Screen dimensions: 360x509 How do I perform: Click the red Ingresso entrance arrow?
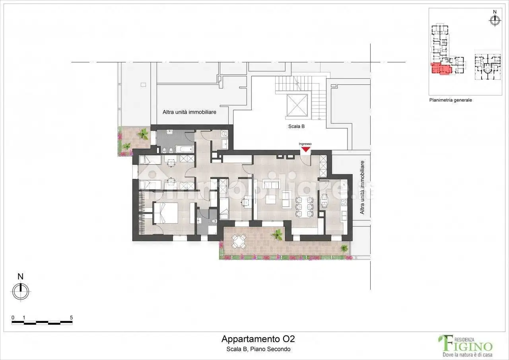coord(305,150)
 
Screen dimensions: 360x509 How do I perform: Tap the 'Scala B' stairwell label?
coord(297,126)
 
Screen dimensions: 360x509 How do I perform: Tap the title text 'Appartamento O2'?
coord(258,339)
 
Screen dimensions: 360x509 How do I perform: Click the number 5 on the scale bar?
coord(71,317)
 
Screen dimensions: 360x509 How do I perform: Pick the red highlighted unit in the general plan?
coord(441,69)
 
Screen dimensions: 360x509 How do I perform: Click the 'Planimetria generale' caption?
coord(450,100)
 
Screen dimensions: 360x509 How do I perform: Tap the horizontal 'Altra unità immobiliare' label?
coord(189,112)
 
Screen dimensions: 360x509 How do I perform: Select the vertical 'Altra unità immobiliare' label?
coord(362,187)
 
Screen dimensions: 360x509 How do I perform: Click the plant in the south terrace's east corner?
coord(344,248)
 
